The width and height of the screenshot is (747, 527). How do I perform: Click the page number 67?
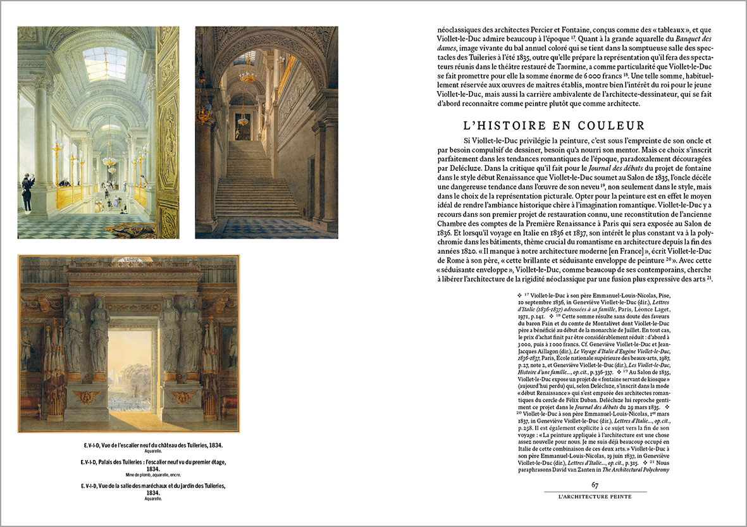point(595,485)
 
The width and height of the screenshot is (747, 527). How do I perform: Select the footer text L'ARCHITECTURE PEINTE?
point(595,496)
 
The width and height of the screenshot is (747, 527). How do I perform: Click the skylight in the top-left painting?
point(104,62)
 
